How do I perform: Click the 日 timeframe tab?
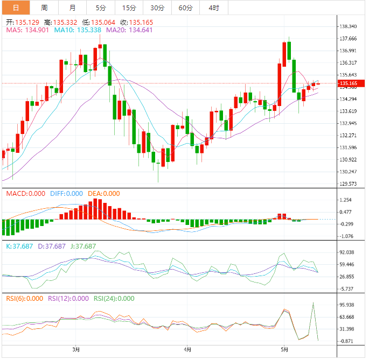coord(15,8)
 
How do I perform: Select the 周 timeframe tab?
coord(44,8)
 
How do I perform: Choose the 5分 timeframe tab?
coord(101,8)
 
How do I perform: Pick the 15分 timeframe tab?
coord(129,8)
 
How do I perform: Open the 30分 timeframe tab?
coord(157,8)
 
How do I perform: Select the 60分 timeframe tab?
coord(185,8)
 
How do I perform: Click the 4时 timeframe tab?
coord(213,8)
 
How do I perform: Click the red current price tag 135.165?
coord(351,83)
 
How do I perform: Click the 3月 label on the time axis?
coord(76,349)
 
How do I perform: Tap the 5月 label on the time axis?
coord(285,349)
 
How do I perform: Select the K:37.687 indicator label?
coord(19,246)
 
